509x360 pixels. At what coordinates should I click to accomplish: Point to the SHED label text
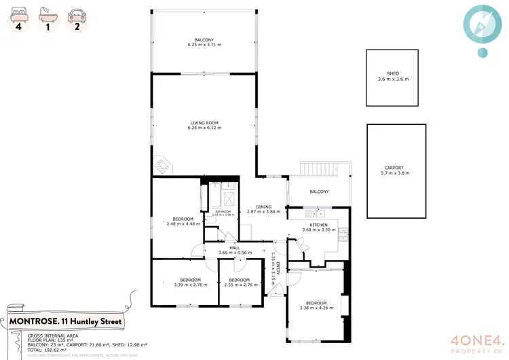(x=393, y=73)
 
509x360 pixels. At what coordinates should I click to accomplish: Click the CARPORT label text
(x=394, y=168)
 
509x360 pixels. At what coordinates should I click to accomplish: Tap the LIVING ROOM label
(x=204, y=122)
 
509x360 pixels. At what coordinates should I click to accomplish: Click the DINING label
(x=263, y=206)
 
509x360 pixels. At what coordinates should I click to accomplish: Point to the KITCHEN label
(x=318, y=225)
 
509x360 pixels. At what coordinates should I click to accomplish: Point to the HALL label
(x=235, y=248)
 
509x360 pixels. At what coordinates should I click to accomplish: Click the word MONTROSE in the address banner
(x=35, y=321)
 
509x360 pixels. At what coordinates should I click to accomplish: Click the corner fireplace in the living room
(x=164, y=165)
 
